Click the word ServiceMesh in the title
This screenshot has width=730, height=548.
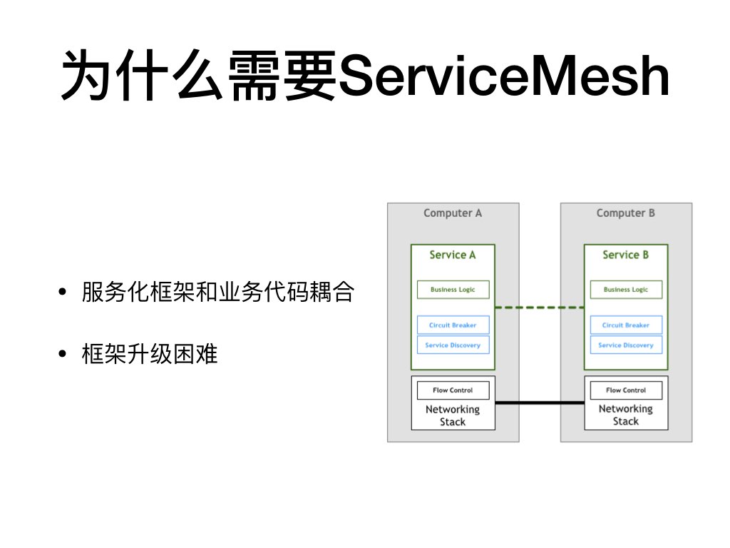coord(504,76)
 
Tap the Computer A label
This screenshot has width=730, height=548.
coord(453,213)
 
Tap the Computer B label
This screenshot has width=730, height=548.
coord(625,213)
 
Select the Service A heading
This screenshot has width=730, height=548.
coord(453,255)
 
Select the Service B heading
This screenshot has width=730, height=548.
coord(625,255)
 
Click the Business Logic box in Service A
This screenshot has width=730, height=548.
coord(453,290)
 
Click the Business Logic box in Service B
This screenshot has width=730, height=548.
coord(626,290)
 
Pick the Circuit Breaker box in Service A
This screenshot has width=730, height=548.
coord(453,325)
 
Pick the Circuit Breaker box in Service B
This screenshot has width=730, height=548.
coord(626,325)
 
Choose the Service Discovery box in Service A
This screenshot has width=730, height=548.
coord(453,345)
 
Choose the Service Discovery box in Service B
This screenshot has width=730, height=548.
coord(626,345)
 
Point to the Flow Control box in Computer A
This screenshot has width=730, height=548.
coord(453,390)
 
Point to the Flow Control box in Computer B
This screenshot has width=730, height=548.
coord(626,390)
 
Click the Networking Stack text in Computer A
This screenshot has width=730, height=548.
coord(453,415)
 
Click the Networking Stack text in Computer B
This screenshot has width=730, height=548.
coord(626,415)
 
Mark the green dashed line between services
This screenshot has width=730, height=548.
coord(540,308)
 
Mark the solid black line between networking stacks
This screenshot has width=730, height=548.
coord(540,403)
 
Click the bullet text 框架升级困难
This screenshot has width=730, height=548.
coord(150,354)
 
